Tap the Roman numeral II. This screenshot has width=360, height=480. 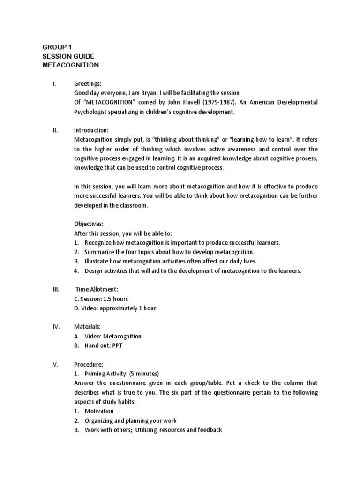55,131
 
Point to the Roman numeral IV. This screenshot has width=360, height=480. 55,327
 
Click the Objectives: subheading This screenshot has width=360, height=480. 89,224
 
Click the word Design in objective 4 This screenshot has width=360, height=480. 93,271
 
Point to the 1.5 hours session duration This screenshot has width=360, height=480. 116,299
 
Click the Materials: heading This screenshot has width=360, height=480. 87,327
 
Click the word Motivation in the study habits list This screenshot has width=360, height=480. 99,411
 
